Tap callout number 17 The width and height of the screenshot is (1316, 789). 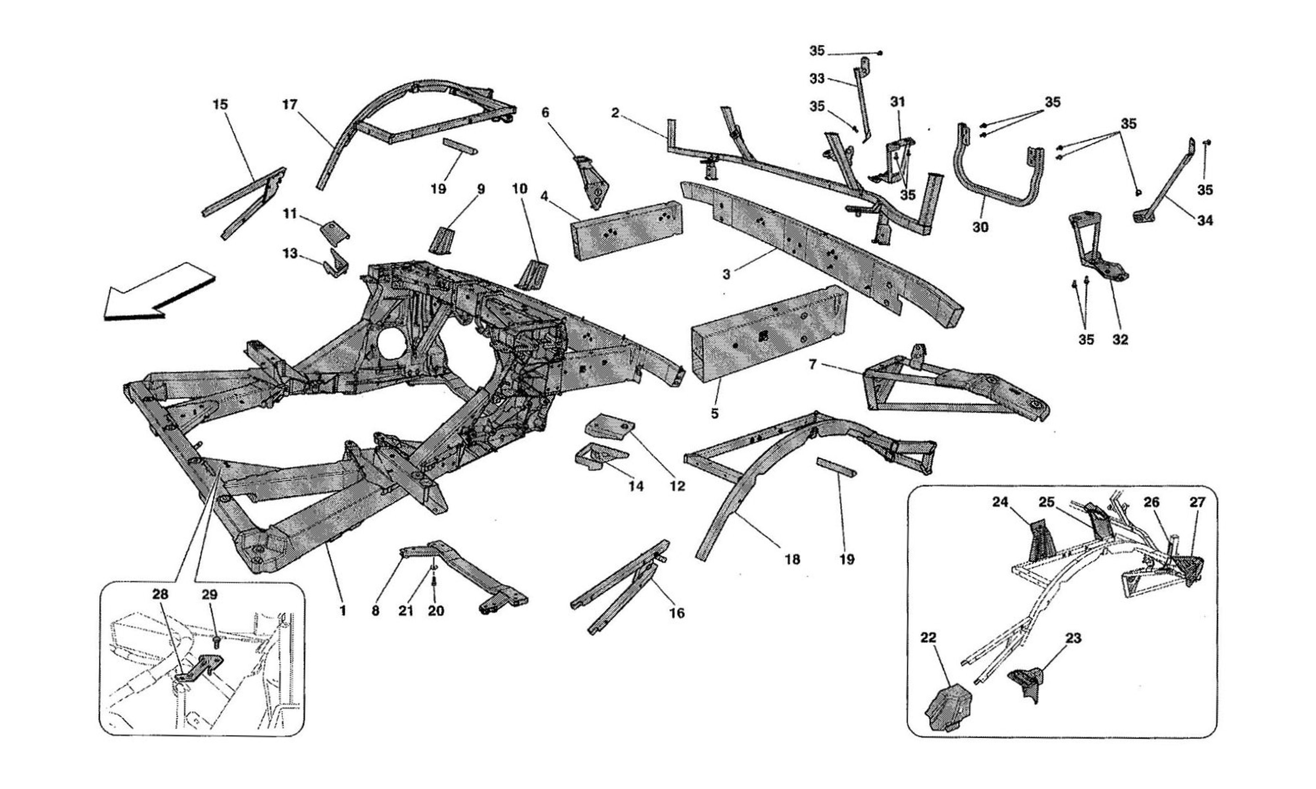pyautogui.click(x=290, y=105)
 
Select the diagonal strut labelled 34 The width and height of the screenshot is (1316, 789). pyautogui.click(x=1165, y=186)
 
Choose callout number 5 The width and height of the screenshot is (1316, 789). pyautogui.click(x=714, y=413)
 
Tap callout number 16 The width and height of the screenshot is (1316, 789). pyautogui.click(x=677, y=613)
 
